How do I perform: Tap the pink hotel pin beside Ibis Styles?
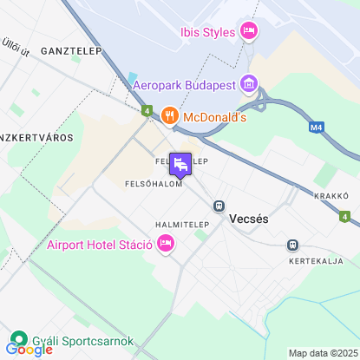(x=249, y=31)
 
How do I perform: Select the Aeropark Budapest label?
(x=185, y=85)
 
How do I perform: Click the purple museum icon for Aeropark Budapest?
(x=249, y=84)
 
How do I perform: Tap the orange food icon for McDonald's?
(x=169, y=115)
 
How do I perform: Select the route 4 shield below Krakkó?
(x=345, y=215)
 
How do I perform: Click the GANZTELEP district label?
(x=66, y=51)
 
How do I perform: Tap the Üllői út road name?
(x=16, y=46)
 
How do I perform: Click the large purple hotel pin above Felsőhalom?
(x=180, y=164)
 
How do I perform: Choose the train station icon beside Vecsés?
(x=219, y=206)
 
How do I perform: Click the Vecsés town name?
(x=249, y=219)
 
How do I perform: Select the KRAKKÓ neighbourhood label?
(x=331, y=195)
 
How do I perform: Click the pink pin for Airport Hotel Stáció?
(x=166, y=244)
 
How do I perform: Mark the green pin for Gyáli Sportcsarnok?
(x=17, y=340)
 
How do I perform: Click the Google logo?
(x=29, y=350)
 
